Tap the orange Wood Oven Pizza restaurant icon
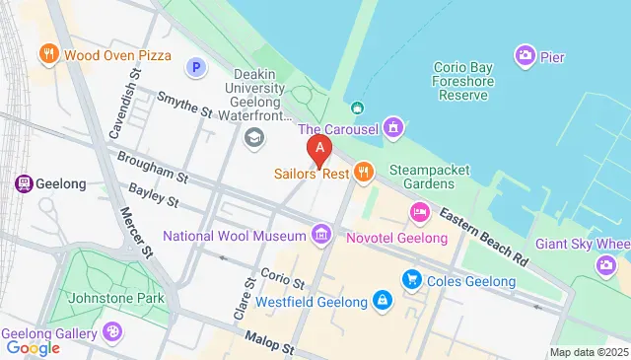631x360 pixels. point(47,53)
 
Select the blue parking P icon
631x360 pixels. point(196,67)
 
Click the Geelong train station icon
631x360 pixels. point(21,183)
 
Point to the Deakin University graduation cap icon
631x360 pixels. point(255,136)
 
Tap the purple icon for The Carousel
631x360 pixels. point(394,127)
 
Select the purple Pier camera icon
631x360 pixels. point(525,55)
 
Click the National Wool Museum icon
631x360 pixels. point(320,235)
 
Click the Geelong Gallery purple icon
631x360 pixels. point(112,332)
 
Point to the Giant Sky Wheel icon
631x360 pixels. point(606,264)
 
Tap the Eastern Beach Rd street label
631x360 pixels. point(484,235)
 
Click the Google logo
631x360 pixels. point(33,347)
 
